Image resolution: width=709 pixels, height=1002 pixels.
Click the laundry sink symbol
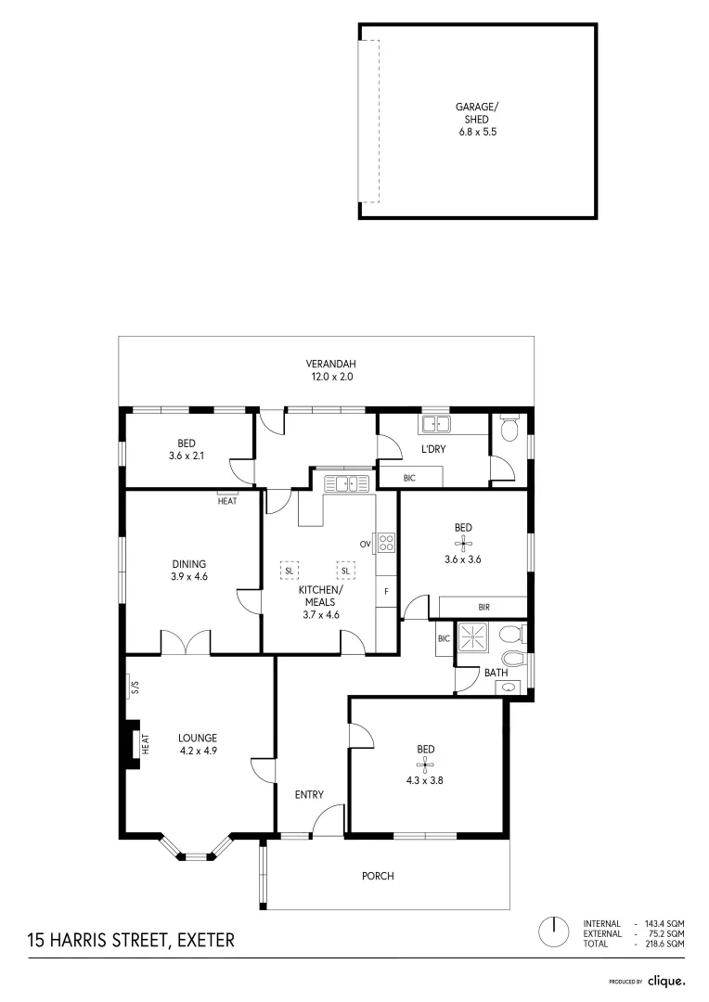(435, 425)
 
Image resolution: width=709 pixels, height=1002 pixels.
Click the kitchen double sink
(347, 482)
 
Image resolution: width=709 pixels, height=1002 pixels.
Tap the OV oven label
(366, 544)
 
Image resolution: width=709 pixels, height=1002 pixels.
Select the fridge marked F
(386, 591)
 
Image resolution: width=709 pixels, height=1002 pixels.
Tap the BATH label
(496, 674)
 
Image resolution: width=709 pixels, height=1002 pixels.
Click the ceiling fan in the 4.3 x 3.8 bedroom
(425, 765)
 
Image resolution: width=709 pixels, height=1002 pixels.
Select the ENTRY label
(309, 794)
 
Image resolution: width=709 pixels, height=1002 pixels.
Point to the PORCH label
(379, 876)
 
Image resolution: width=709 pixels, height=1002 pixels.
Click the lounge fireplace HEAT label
(146, 744)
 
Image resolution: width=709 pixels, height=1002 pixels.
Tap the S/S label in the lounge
(134, 687)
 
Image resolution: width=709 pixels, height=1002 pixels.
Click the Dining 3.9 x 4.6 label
(188, 570)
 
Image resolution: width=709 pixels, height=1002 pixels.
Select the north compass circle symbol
(554, 931)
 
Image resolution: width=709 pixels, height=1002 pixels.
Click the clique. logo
(665, 980)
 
